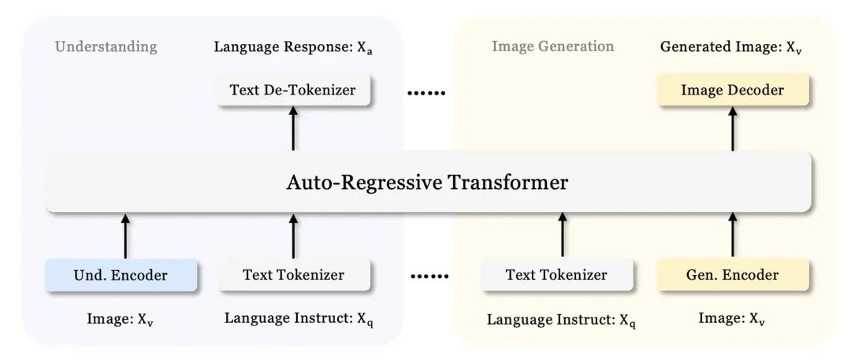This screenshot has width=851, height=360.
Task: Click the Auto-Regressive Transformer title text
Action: (x=426, y=183)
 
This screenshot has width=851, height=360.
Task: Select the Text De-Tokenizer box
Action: (x=292, y=91)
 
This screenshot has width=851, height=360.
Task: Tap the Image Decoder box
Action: (x=733, y=91)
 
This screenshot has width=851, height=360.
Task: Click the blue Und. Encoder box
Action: (x=121, y=275)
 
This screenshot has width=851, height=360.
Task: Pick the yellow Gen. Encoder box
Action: (x=733, y=275)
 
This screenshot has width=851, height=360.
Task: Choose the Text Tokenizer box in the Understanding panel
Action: (x=293, y=275)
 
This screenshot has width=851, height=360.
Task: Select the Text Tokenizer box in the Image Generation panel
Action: (x=556, y=275)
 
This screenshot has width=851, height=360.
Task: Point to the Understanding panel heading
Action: (x=106, y=46)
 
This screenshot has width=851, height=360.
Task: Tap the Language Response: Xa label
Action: (x=293, y=47)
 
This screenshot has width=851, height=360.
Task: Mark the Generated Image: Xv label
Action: (x=732, y=47)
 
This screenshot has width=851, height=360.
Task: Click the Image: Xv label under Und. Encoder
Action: (x=121, y=319)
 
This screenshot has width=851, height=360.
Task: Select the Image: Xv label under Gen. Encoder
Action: (x=732, y=319)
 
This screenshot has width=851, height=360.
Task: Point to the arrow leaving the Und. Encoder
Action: (x=124, y=235)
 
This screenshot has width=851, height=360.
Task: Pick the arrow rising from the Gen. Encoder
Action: (x=733, y=235)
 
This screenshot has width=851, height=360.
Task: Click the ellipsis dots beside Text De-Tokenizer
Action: (x=426, y=94)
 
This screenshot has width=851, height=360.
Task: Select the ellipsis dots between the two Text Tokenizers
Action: (x=429, y=277)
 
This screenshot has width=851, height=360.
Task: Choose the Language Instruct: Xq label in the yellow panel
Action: (x=560, y=320)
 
